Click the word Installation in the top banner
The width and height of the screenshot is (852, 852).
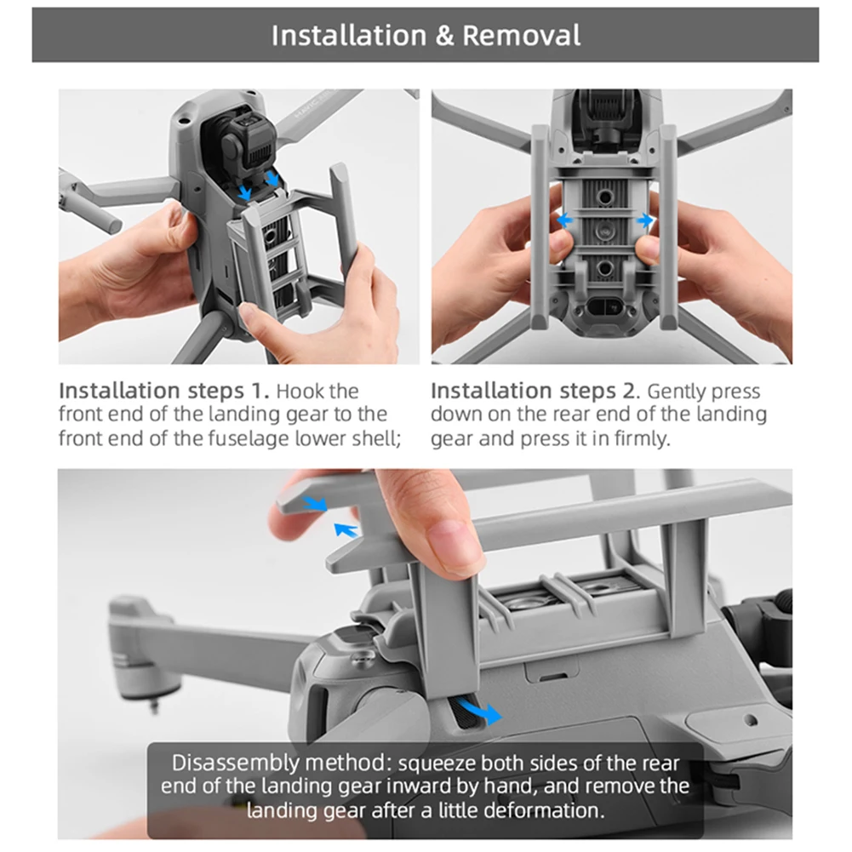(x=349, y=35)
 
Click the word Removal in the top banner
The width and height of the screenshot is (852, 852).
(x=521, y=35)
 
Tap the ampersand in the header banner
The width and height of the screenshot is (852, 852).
(x=444, y=36)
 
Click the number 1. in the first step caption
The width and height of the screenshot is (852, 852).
(x=260, y=391)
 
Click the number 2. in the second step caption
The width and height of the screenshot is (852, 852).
(x=632, y=391)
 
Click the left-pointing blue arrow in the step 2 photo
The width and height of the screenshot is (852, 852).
(x=564, y=220)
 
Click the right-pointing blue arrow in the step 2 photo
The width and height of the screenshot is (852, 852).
(x=645, y=220)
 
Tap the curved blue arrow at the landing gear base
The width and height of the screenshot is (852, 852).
(x=479, y=711)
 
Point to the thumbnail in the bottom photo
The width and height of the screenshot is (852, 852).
(x=451, y=543)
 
